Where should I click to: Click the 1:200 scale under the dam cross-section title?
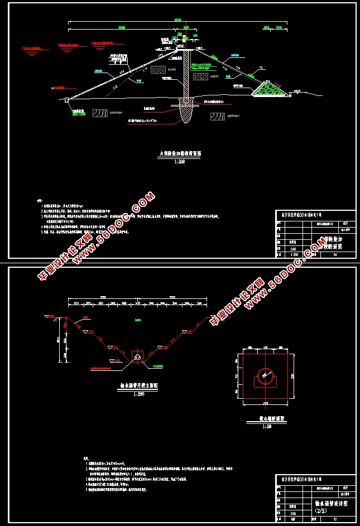[179, 161]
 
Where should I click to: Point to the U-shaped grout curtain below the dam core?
[186, 112]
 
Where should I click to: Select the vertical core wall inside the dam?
[186, 75]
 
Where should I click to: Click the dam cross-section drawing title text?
[179, 151]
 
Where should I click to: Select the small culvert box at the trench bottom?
[137, 355]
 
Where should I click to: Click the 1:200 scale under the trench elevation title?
[137, 394]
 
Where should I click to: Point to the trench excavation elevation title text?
[137, 385]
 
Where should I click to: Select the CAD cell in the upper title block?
[292, 248]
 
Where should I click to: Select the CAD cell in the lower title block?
[292, 513]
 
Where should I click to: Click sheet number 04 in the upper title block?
[335, 254]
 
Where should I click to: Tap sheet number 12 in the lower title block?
[335, 520]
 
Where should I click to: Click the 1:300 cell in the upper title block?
[292, 254]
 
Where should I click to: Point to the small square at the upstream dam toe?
[66, 99]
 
